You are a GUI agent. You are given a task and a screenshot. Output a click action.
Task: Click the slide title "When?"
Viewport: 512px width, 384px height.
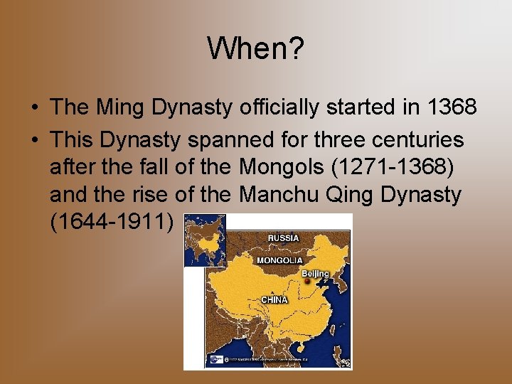click(x=256, y=48)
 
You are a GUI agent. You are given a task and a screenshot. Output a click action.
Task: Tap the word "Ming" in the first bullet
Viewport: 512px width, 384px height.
click(x=115, y=107)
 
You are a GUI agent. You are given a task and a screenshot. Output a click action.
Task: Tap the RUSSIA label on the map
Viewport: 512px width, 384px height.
click(x=283, y=238)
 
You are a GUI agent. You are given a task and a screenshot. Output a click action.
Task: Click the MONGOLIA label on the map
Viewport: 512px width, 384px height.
click(x=279, y=260)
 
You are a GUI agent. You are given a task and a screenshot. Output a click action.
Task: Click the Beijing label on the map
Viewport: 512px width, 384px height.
click(x=315, y=274)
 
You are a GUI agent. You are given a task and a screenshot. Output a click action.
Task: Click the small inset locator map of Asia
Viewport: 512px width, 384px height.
click(x=205, y=240)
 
